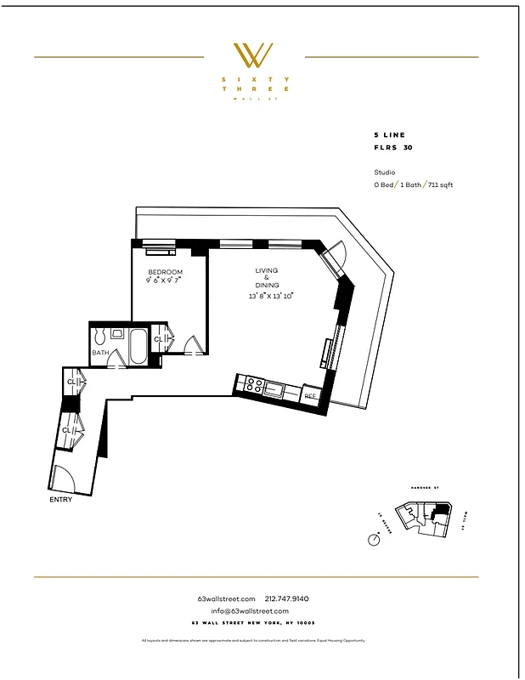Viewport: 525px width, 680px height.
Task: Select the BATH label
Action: coord(100,352)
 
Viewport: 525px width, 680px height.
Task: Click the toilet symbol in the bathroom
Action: coord(100,333)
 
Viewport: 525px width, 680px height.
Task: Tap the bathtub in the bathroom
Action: coord(137,347)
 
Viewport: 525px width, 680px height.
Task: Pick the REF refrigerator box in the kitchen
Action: coord(310,396)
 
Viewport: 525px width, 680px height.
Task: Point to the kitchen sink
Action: coord(276,390)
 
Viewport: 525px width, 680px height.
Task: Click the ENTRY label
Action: coord(61,500)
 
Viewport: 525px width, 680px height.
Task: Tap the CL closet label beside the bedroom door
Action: coord(157,339)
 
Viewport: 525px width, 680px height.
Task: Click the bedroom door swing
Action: coord(194,345)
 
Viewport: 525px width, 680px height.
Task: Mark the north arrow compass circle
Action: coord(374,539)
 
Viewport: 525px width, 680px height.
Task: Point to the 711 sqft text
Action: coord(440,184)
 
